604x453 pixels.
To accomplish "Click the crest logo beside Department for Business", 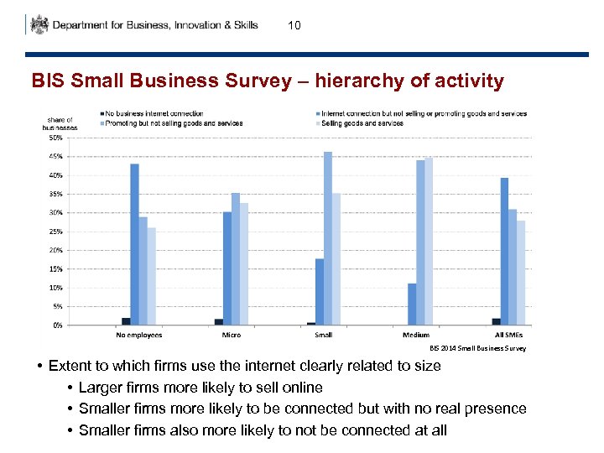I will pyautogui.click(x=39, y=24).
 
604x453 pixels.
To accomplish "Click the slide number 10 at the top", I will pyautogui.click(x=294, y=26).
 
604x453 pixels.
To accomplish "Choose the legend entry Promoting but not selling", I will pyautogui.click(x=174, y=123).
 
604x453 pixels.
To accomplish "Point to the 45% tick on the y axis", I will pyautogui.click(x=55, y=157).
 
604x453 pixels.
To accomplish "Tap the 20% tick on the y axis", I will pyautogui.click(x=55, y=250).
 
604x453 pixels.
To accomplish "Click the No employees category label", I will pyautogui.click(x=138, y=335).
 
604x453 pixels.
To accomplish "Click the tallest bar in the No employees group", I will pyautogui.click(x=134, y=244).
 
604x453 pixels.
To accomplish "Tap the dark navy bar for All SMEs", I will pyautogui.click(x=496, y=321).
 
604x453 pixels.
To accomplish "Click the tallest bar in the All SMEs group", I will pyautogui.click(x=504, y=251).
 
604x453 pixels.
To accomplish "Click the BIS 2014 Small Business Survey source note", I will pyautogui.click(x=477, y=348).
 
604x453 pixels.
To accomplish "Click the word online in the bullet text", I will pyautogui.click(x=303, y=387).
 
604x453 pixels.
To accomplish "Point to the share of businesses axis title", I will pyautogui.click(x=60, y=123).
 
